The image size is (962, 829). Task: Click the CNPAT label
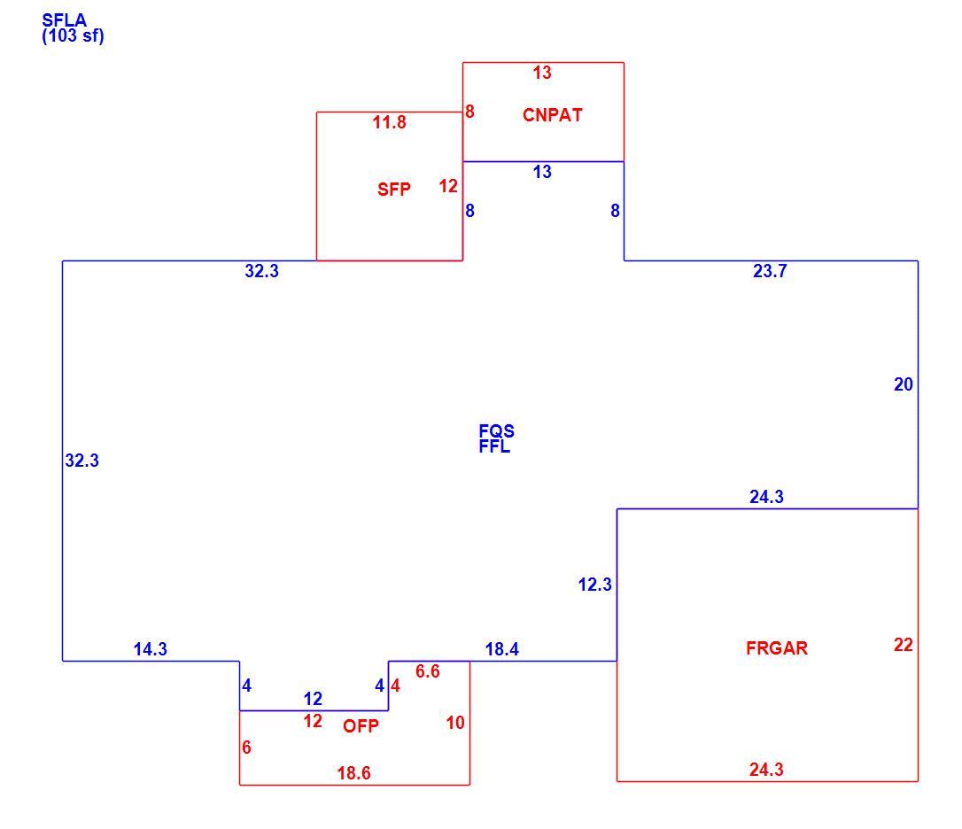[552, 115]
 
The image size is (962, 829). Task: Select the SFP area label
[394, 189]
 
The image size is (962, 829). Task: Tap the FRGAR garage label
[777, 648]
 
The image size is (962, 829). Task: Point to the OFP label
[361, 726]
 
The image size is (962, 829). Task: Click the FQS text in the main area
[497, 430]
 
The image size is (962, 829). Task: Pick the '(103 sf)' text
[73, 35]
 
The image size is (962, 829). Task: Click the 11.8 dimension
[390, 122]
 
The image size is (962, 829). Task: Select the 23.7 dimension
[770, 271]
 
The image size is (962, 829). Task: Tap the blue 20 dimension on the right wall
[904, 384]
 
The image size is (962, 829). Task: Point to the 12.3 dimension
[595, 585]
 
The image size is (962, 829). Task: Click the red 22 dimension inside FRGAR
[904, 644]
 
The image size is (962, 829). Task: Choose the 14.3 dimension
[151, 648]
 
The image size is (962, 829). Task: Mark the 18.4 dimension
[502, 648]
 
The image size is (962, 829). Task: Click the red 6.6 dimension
[428, 671]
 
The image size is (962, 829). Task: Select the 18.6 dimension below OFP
[354, 772]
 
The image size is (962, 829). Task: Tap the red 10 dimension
[455, 722]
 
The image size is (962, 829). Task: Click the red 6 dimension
[246, 747]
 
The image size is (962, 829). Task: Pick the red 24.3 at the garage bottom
[766, 769]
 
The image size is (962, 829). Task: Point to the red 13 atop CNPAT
[542, 73]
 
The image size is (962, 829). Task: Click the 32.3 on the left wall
[82, 461]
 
